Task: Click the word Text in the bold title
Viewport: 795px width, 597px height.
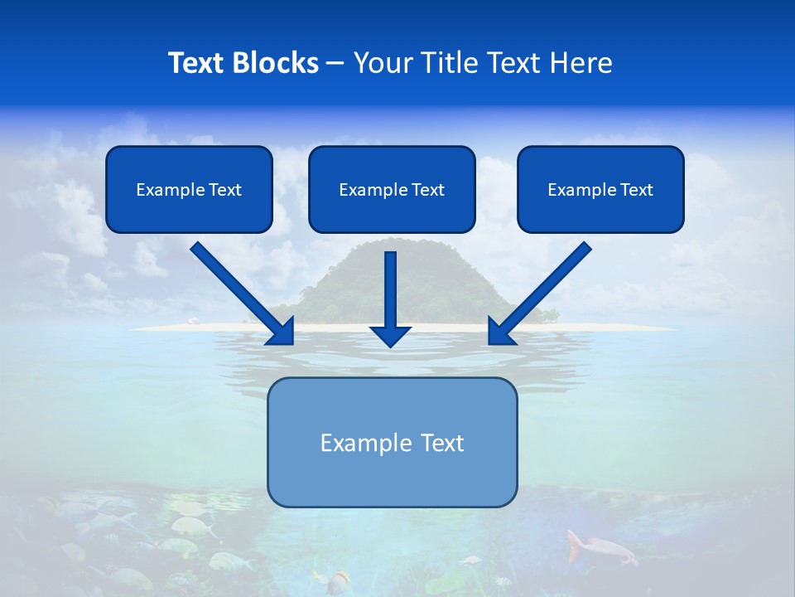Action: click(x=196, y=63)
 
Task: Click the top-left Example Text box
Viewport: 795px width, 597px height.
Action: click(x=189, y=189)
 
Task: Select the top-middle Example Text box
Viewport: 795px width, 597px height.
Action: click(x=392, y=189)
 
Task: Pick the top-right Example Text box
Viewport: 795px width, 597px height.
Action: click(x=600, y=189)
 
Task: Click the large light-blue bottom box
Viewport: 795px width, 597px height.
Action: click(x=392, y=442)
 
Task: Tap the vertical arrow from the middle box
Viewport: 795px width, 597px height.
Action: click(x=390, y=290)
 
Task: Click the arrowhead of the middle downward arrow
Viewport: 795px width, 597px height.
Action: click(x=390, y=335)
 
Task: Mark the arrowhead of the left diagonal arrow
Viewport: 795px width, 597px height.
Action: click(x=282, y=331)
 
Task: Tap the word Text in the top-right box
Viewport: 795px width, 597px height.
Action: click(x=636, y=190)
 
